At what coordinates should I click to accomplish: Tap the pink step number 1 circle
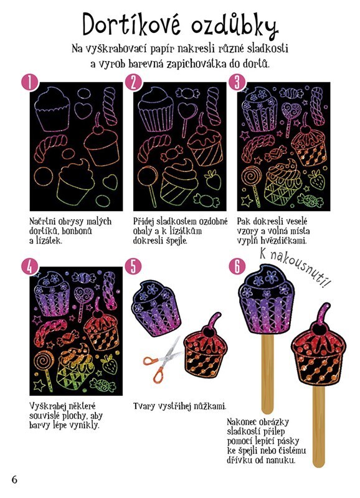29,83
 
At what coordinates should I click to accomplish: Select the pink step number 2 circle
133,83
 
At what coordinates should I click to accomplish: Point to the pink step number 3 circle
237,83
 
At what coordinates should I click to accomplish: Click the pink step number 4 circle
29,267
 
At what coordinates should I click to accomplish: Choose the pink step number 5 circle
133,267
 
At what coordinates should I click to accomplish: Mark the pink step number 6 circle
237,267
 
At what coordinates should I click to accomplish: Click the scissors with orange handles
162,360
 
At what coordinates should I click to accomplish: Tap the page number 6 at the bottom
14,479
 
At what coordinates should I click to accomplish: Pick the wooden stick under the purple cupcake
267,373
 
